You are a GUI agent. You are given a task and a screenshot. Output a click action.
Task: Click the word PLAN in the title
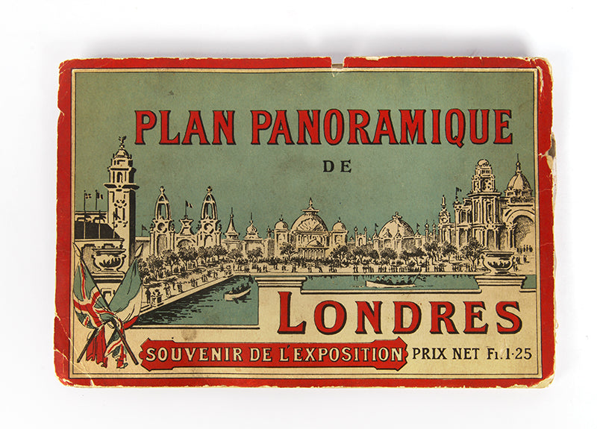click(184, 127)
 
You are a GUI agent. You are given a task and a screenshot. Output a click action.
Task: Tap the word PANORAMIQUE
click(381, 127)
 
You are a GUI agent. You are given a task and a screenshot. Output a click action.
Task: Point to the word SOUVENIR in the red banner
click(186, 354)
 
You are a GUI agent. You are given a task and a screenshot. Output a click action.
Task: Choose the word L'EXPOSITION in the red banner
click(339, 354)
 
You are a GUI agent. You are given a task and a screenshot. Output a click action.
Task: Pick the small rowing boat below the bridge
click(237, 292)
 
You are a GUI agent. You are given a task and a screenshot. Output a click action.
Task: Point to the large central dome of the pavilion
click(309, 221)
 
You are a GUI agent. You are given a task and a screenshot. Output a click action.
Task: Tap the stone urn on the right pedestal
click(498, 260)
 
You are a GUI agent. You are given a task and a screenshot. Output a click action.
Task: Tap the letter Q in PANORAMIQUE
click(476, 128)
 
